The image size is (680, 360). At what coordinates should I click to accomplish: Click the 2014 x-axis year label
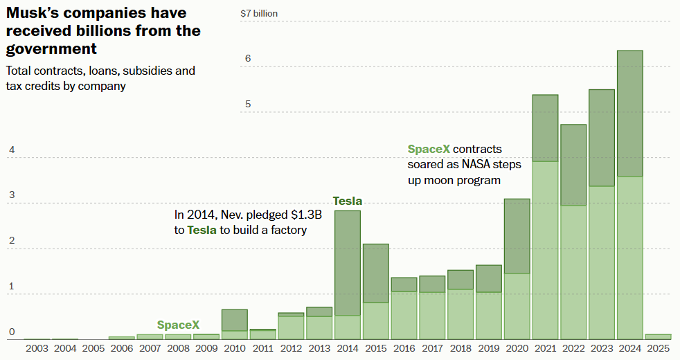[x=348, y=349]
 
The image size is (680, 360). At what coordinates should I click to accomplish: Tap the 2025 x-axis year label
[x=658, y=349]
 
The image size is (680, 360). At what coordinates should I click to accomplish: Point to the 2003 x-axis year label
[x=37, y=349]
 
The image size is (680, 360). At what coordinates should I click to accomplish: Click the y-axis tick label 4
[x=11, y=150]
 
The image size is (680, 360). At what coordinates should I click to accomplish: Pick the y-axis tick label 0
[x=11, y=332]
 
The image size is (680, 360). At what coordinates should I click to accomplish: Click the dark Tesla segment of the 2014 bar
[x=348, y=263]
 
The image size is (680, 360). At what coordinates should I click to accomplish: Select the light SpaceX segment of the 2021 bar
[x=545, y=249]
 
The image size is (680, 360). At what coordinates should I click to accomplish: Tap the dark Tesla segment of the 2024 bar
[x=629, y=114]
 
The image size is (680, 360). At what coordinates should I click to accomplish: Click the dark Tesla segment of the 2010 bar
[x=235, y=320]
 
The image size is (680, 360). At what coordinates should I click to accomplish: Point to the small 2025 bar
[x=658, y=336]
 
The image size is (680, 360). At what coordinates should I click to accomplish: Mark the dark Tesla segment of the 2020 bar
[x=517, y=236]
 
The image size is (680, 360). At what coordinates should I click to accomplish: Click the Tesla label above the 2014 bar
[x=348, y=201]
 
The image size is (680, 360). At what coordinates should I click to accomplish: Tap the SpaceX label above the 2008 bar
[x=178, y=325]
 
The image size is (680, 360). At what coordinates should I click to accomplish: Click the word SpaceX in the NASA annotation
[x=429, y=149]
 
